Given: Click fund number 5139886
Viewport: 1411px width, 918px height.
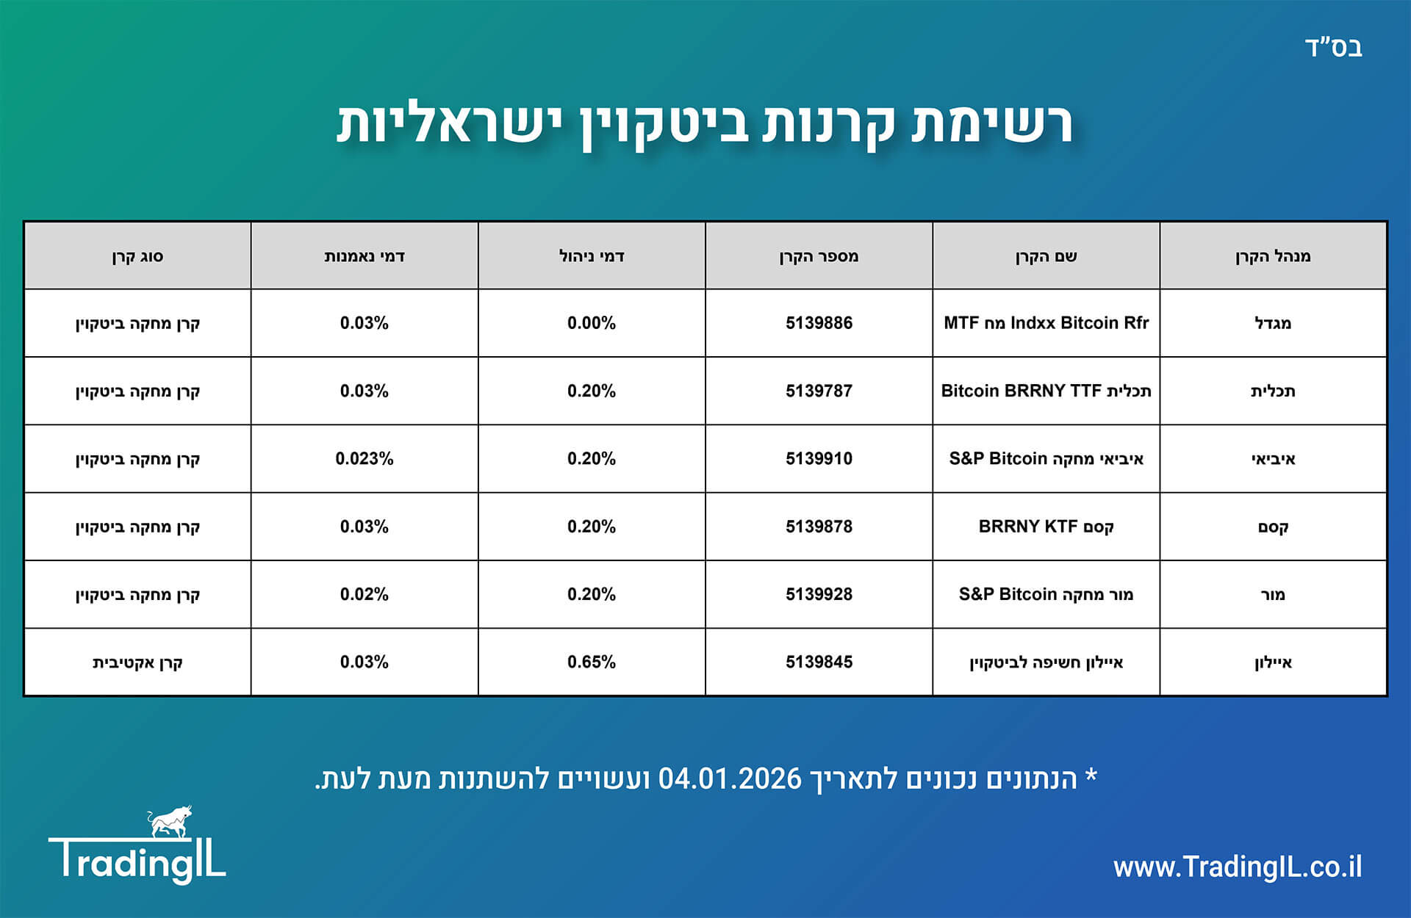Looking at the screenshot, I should pos(819,323).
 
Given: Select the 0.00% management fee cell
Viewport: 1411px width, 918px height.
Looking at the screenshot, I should pos(591,323).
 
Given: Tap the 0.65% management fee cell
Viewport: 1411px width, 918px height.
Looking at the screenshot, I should pos(591,662).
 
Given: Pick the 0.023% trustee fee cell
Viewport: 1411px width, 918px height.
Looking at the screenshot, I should pos(364,459).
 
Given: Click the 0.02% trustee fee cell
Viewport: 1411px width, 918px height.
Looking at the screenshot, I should pos(364,594).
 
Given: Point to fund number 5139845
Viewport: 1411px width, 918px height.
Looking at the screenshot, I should pos(819,662).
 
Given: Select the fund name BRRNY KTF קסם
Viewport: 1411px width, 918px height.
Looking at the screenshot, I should pos(1046,527).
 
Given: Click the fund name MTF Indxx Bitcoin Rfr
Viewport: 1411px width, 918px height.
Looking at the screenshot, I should pos(1046,323).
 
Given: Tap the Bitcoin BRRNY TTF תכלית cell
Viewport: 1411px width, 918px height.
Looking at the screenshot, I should pos(1046,391).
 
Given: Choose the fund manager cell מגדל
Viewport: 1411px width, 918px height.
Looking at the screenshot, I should pos(1273,323).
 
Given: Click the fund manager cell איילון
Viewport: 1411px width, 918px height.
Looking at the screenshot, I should pos(1273,662).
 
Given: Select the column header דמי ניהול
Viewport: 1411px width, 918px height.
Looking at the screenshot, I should pos(591,256).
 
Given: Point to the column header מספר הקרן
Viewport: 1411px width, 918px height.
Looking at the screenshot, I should pos(819,256).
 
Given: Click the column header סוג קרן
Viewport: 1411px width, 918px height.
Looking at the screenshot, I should pos(137,256).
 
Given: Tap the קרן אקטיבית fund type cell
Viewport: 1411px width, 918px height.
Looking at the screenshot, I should pos(137,662).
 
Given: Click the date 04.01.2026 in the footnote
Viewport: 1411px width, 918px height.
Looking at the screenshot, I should pos(729,778).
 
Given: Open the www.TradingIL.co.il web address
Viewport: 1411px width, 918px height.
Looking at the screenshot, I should pos(1237,867).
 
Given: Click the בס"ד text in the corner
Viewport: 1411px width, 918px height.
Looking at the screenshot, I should pos(1333,48).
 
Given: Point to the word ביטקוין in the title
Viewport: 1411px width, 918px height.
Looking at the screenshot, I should pos(666,123).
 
